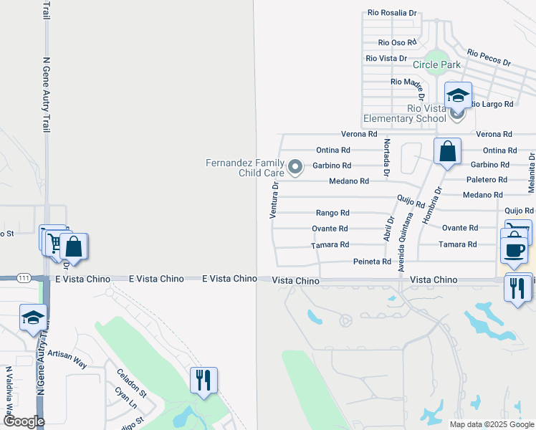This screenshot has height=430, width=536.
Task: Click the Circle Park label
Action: (x=436, y=64)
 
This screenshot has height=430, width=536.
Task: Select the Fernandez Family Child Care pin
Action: (x=295, y=168)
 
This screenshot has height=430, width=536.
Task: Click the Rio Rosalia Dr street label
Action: (x=391, y=13)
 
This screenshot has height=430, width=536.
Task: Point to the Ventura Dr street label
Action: (x=274, y=200)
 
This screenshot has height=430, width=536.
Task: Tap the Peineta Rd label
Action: (x=371, y=262)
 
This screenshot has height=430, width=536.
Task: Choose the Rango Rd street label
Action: (x=332, y=213)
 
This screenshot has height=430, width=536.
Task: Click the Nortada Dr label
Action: (x=386, y=158)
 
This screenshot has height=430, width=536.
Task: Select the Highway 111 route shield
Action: (x=24, y=278)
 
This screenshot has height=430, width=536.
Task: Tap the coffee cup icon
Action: (x=514, y=249)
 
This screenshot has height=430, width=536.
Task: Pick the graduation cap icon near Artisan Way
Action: (x=33, y=317)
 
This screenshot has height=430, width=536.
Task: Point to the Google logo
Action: (x=24, y=421)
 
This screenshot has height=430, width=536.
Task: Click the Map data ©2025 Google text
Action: (x=491, y=424)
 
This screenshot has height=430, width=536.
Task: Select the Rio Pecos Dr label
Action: (x=489, y=58)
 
